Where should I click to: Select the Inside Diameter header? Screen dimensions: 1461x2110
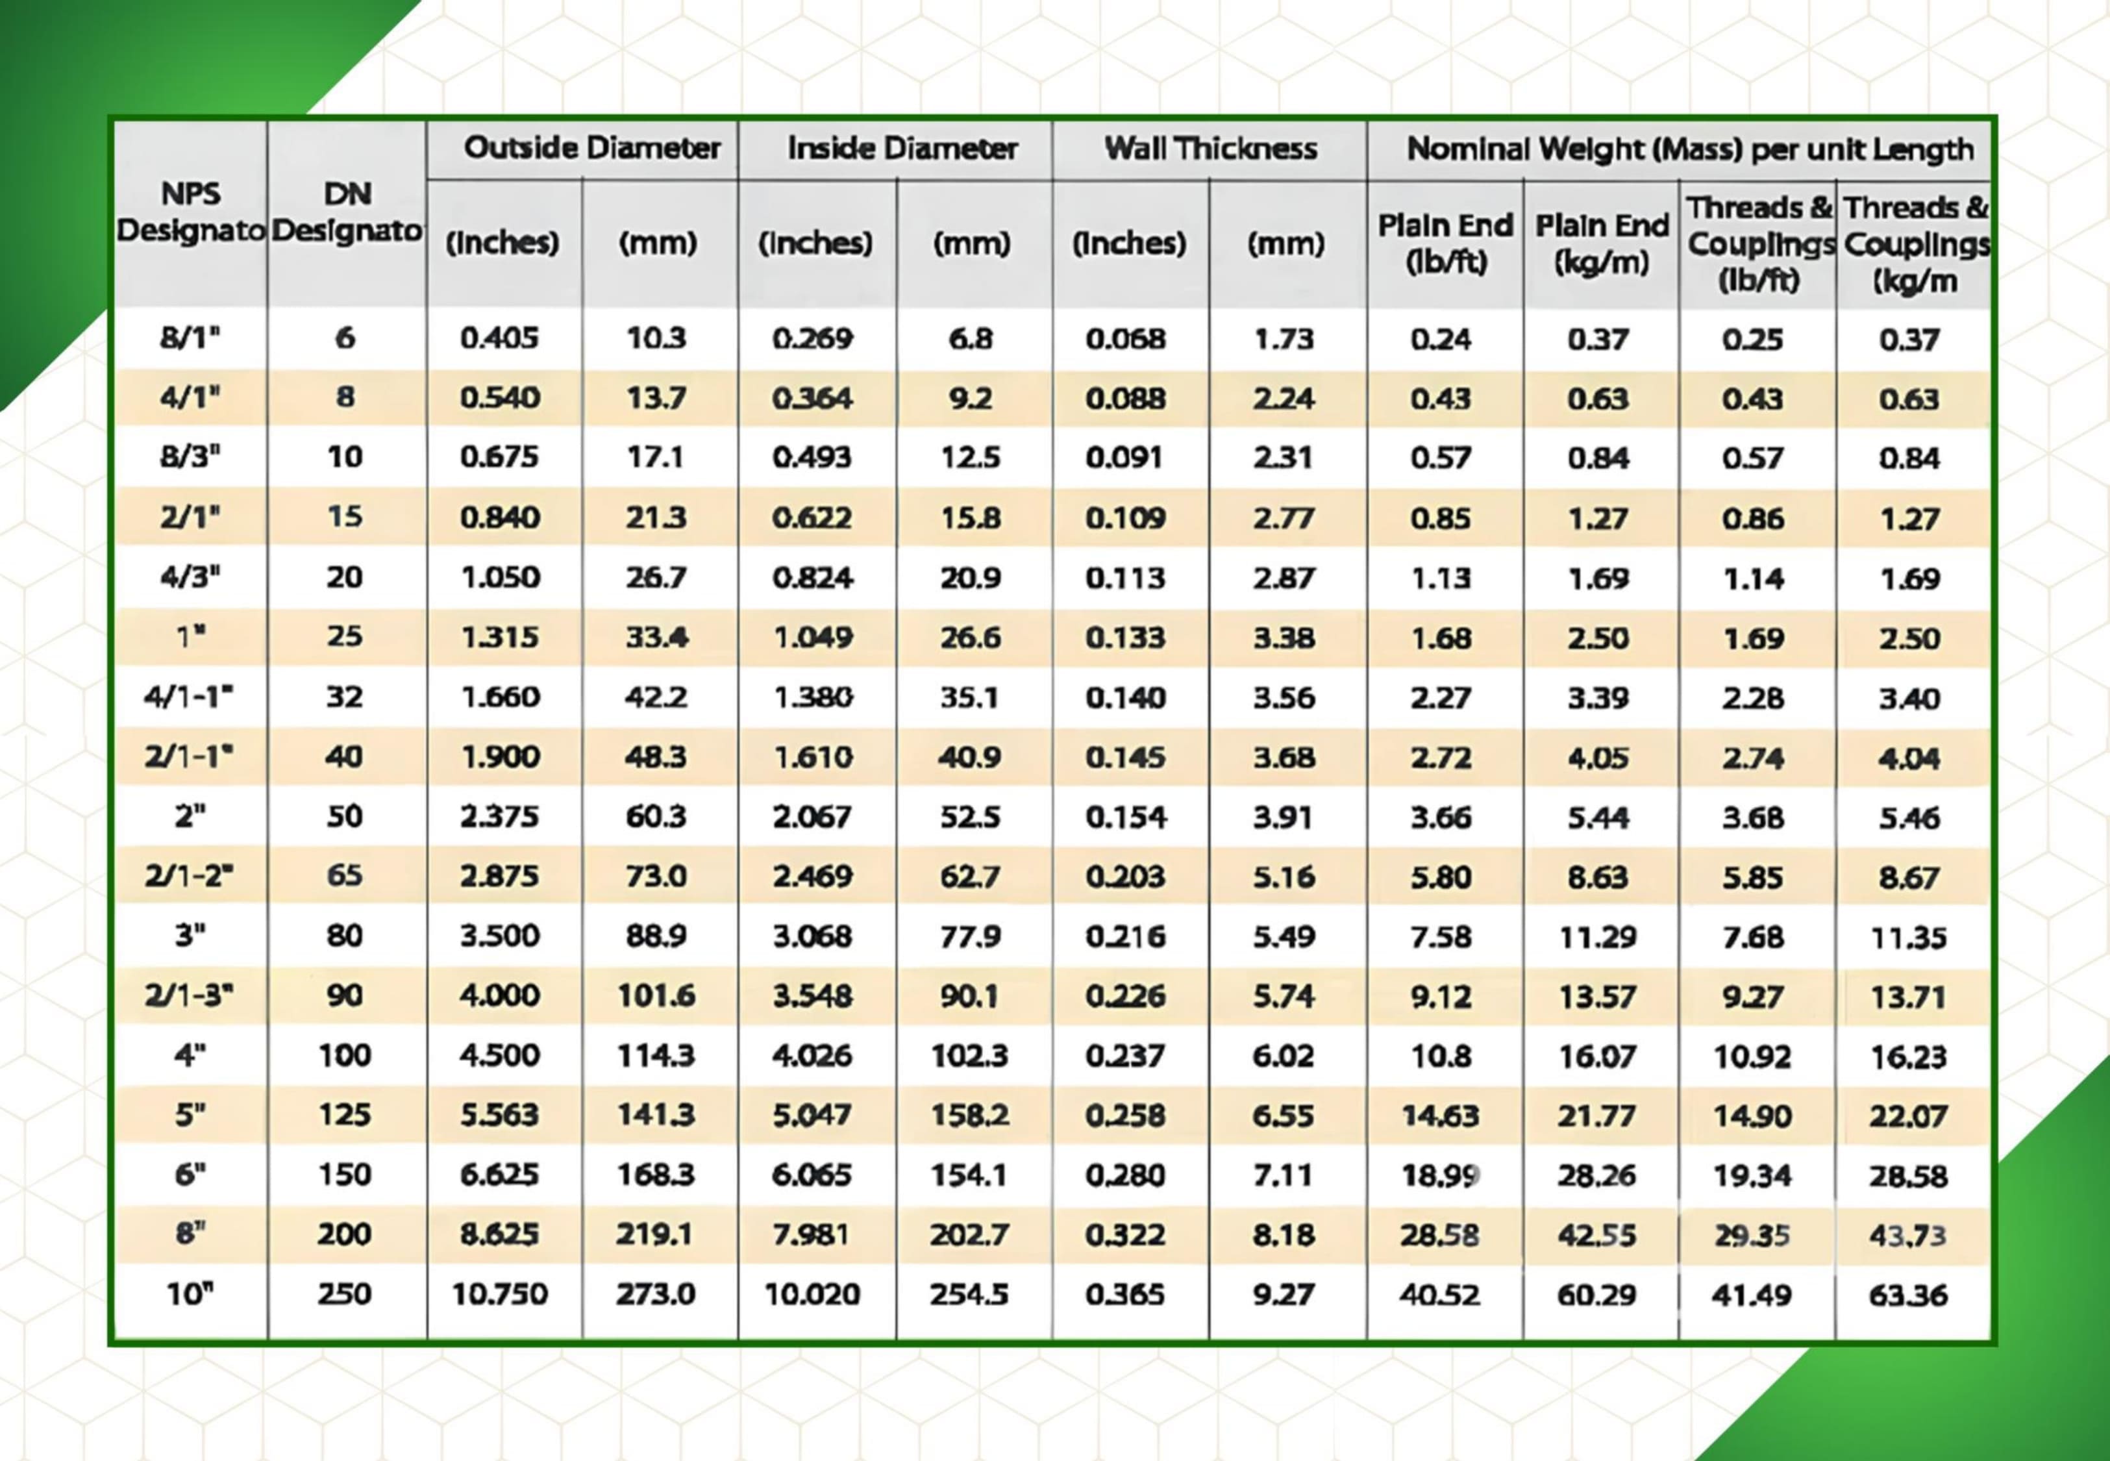(902, 148)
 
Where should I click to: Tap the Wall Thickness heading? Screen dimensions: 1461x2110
(1211, 148)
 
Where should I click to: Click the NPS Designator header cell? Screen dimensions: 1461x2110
(190, 212)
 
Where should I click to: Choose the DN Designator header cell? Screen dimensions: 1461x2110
(347, 212)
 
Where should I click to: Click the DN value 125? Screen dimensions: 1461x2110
(344, 1115)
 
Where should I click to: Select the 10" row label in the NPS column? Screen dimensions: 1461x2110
(190, 1294)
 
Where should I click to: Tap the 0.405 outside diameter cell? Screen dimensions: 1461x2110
(500, 339)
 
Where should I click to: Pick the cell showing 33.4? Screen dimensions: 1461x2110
(656, 637)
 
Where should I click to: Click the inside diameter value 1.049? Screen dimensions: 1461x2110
(813, 637)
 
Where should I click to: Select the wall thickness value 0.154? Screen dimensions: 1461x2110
(1126, 817)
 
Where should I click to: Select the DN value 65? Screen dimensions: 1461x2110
(344, 876)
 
